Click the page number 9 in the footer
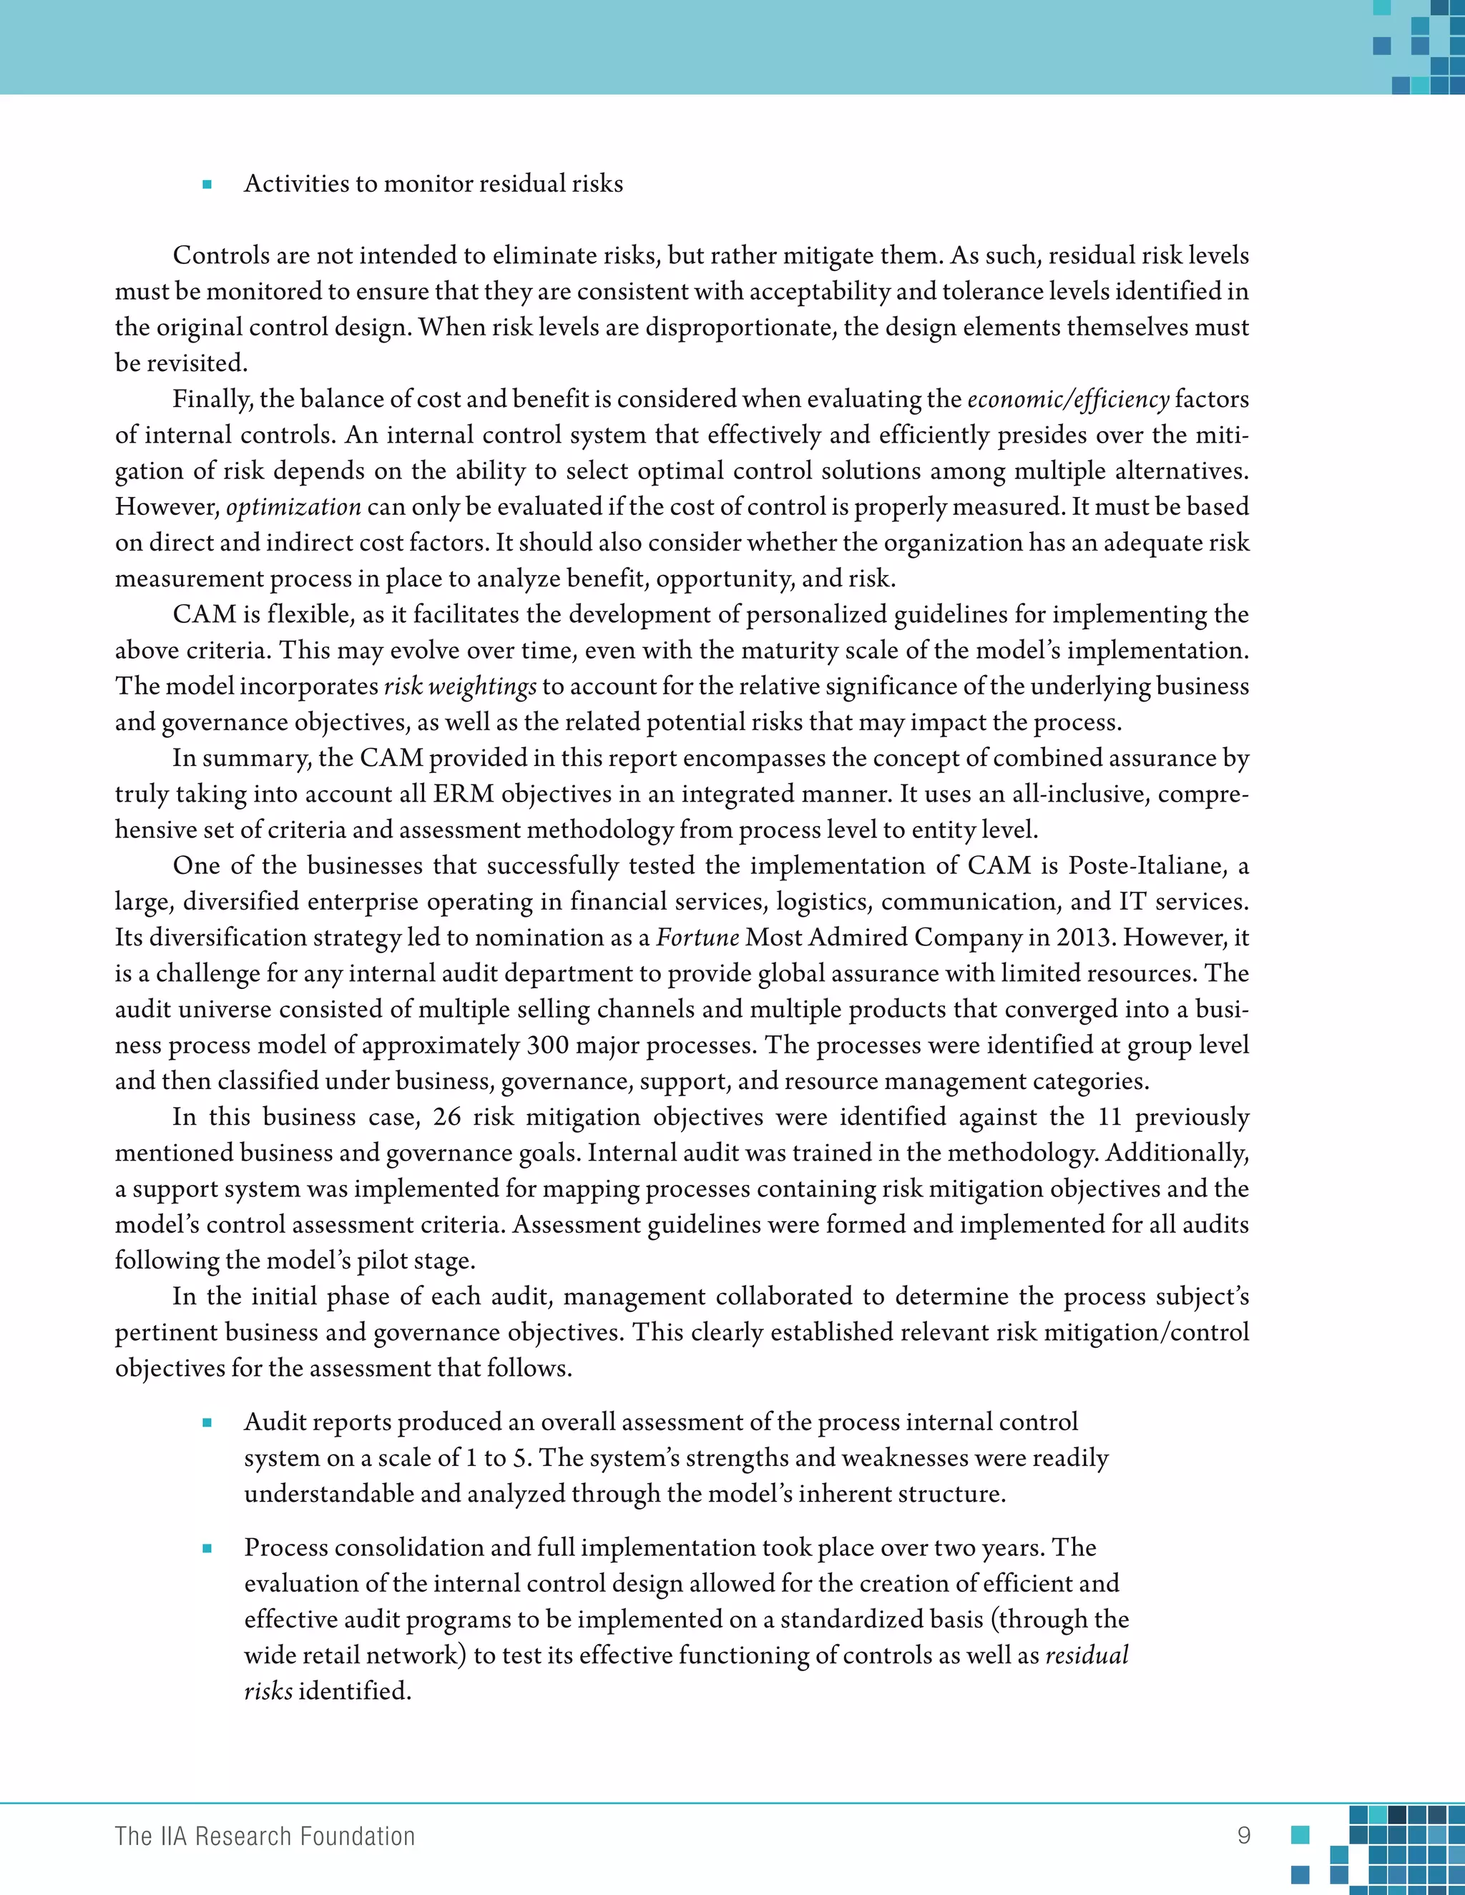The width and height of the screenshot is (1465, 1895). point(1244,1835)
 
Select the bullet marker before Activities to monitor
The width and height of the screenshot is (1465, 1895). point(207,184)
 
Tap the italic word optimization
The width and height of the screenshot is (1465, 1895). point(293,507)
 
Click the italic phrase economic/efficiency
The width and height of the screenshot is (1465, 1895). point(1069,399)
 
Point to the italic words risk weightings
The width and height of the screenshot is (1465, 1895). point(460,686)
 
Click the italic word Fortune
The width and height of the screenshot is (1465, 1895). point(697,938)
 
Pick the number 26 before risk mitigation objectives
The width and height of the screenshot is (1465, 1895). point(446,1117)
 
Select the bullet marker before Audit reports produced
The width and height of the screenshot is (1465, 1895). point(207,1422)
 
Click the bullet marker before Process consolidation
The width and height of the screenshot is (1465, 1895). point(207,1548)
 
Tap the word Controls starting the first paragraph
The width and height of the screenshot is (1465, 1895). point(222,256)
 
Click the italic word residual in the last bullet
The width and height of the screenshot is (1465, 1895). point(1087,1655)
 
